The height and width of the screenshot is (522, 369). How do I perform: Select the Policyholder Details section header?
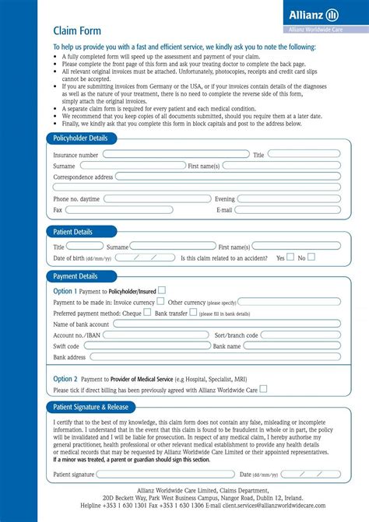(80, 138)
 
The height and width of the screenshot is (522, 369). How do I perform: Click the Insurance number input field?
(175, 155)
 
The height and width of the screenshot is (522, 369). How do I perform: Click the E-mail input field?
(287, 210)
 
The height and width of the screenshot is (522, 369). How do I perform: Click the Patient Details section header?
(72, 232)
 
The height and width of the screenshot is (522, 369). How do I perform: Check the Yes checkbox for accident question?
(290, 257)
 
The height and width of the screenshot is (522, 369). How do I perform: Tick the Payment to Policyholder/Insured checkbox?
(162, 290)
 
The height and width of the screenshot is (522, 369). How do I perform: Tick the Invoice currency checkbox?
(160, 301)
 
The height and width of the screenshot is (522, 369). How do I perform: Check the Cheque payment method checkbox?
(147, 312)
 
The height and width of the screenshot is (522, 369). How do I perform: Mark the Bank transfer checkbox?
(194, 312)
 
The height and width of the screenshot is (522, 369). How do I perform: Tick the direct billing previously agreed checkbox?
(263, 388)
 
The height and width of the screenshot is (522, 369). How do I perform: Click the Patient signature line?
(155, 474)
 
